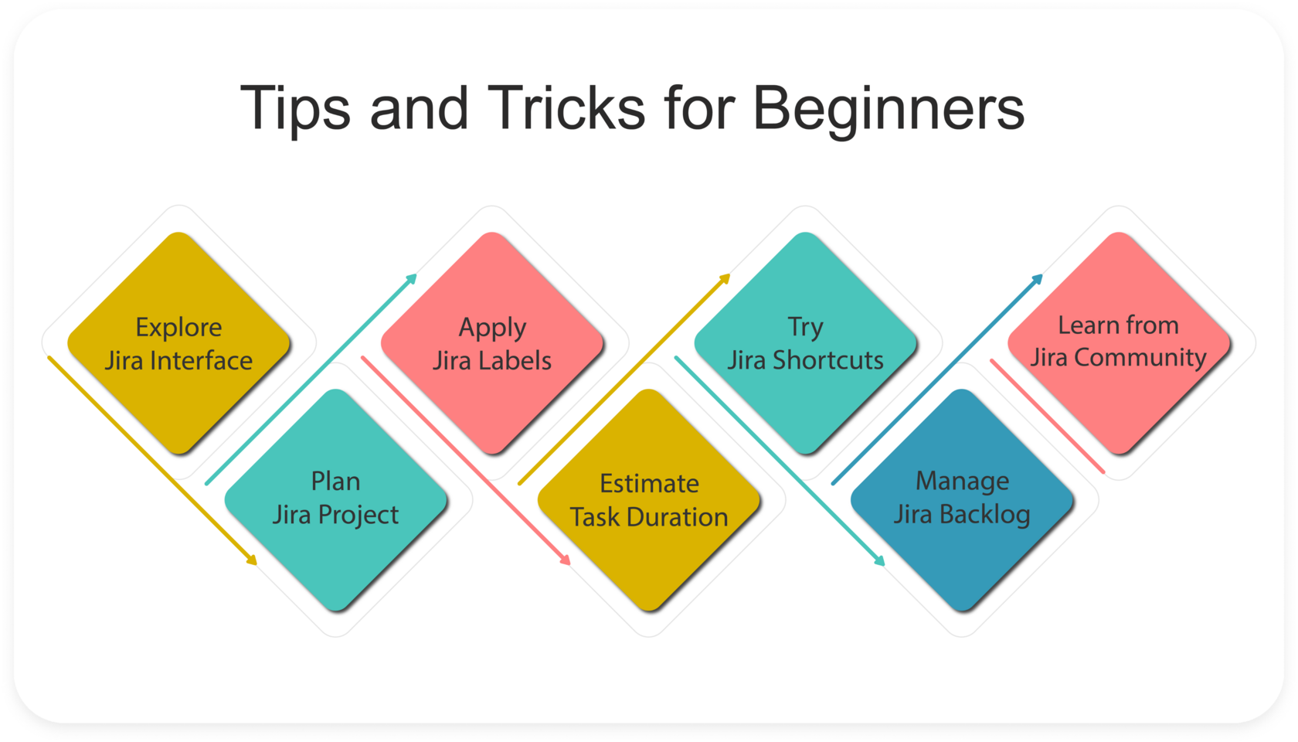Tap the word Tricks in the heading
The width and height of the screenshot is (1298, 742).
click(x=566, y=107)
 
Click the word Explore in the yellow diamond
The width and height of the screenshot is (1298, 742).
click(x=178, y=328)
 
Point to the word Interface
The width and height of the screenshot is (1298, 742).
click(x=201, y=360)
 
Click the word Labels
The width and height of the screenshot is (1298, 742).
click(x=512, y=360)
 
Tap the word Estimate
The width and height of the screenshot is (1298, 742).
click(x=649, y=484)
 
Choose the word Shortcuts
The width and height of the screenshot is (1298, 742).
click(x=828, y=360)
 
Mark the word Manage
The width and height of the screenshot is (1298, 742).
click(x=963, y=482)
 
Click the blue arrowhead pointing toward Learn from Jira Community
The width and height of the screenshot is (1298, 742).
click(x=1037, y=280)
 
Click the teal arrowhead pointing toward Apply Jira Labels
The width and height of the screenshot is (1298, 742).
click(x=411, y=280)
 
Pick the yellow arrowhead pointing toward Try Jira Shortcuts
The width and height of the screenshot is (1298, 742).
click(x=724, y=280)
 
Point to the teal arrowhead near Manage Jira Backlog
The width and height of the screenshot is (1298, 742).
click(x=878, y=560)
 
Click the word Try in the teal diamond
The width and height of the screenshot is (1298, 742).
click(x=805, y=328)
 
